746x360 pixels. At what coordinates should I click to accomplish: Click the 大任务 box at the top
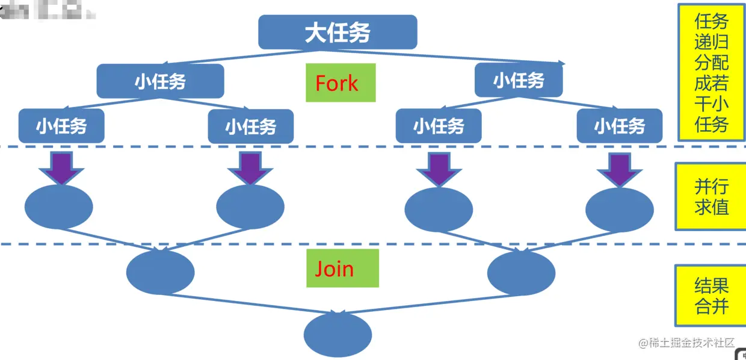click(x=338, y=33)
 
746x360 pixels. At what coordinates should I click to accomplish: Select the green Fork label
click(x=341, y=83)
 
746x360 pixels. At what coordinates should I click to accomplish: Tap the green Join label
click(x=341, y=268)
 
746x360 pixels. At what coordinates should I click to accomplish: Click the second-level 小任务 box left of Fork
click(x=160, y=81)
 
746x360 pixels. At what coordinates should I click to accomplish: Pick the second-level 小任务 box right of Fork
click(x=519, y=80)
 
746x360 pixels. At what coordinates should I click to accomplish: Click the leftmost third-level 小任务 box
click(x=61, y=126)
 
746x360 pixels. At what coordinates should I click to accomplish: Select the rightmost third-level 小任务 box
click(x=620, y=126)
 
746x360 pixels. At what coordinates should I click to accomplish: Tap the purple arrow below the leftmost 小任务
click(x=63, y=168)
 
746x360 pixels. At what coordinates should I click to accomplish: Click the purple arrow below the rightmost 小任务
click(x=620, y=169)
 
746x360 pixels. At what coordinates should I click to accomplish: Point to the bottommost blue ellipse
click(x=338, y=335)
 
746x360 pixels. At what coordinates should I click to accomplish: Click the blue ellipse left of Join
click(x=161, y=272)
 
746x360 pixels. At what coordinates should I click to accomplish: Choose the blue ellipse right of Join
click(x=521, y=273)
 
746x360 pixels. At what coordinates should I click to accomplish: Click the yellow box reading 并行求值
click(x=711, y=196)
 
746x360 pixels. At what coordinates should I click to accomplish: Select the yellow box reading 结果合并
click(x=711, y=296)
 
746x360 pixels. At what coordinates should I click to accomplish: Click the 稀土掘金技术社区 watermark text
click(x=686, y=343)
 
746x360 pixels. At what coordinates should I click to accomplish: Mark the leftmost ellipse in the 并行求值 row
click(x=59, y=207)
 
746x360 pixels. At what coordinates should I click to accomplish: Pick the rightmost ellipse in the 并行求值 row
click(x=619, y=210)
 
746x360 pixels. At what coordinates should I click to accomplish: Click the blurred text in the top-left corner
click(x=45, y=11)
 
